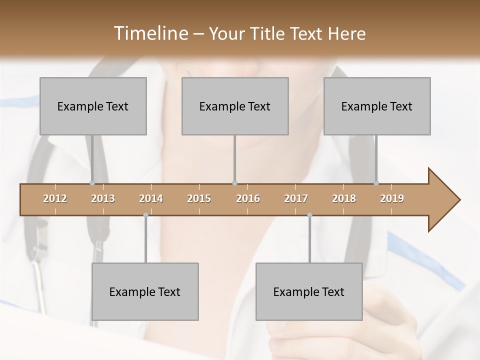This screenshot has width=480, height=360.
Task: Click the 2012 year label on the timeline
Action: click(x=55, y=198)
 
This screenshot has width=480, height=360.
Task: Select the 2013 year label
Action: click(x=103, y=198)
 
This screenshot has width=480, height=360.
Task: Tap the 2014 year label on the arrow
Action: click(x=151, y=198)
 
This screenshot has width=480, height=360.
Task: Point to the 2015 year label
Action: click(x=199, y=198)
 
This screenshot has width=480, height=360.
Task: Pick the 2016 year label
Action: click(x=248, y=198)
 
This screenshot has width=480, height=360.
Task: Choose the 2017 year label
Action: click(x=296, y=198)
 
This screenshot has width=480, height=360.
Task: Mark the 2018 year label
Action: click(x=344, y=198)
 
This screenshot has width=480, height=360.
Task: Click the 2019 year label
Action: click(x=392, y=198)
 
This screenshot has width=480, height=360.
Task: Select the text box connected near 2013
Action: click(x=93, y=106)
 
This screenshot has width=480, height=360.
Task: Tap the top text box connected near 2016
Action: click(x=235, y=106)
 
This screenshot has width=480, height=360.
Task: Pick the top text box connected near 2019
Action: click(x=377, y=106)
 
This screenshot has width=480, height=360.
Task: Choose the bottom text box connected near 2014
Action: click(x=145, y=291)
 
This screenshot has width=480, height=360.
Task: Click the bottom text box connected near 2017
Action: click(x=309, y=291)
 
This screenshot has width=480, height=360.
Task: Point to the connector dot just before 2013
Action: click(x=92, y=183)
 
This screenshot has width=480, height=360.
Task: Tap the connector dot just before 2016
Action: click(x=234, y=183)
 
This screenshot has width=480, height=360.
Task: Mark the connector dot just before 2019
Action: click(x=376, y=183)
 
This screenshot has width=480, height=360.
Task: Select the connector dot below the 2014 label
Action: click(x=145, y=215)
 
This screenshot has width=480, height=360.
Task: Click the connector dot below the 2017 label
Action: click(x=309, y=215)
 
